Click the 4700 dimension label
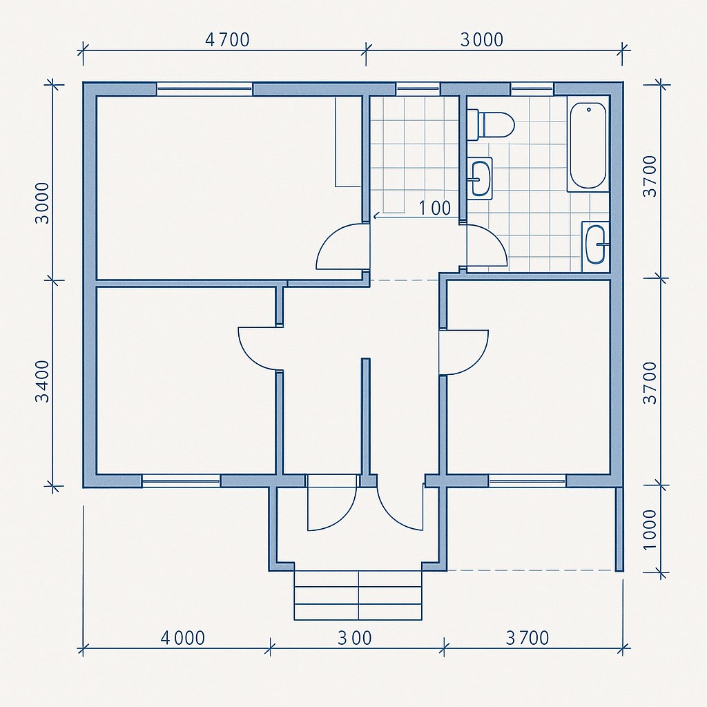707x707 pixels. pos(227,40)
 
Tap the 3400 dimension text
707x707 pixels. pos(43,381)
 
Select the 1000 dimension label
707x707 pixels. pos(650,530)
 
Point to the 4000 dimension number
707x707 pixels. pos(182,638)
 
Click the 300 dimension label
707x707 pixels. pos(355,638)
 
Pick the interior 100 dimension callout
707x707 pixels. pos(435,209)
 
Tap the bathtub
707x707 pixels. pos(588,146)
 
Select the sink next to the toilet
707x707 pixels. pos(480,177)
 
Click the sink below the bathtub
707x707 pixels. pos(595,246)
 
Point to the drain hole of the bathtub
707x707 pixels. pos(588,110)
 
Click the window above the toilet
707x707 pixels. pos(532,89)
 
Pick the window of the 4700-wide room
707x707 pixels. pos(204,89)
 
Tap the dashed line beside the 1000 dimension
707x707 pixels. pos(531,570)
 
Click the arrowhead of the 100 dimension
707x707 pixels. pos(376,217)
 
